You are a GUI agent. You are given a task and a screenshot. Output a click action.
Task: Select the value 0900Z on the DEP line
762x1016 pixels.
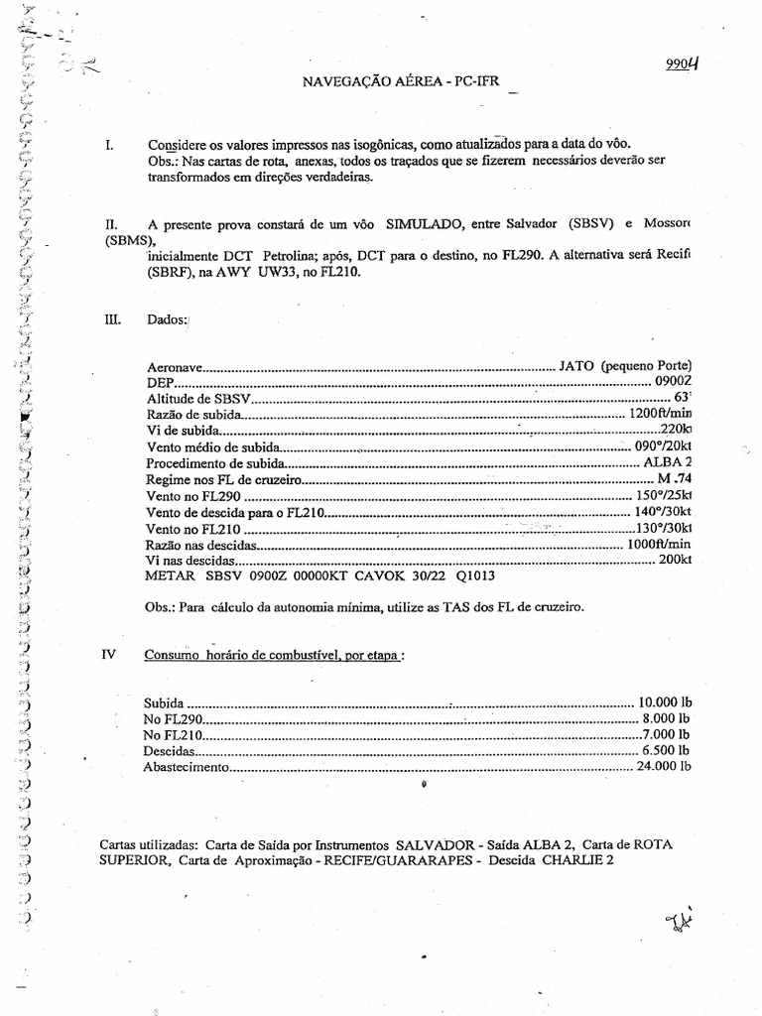pos(669,382)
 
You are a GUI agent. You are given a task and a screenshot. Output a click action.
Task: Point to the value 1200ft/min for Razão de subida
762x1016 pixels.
pos(661,414)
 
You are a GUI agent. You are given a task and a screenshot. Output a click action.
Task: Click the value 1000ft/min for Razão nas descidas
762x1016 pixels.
pos(659,545)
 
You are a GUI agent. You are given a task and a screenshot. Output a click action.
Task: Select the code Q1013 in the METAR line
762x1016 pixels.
pos(476,576)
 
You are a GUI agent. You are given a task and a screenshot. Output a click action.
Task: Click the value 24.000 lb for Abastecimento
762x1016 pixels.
pos(663,767)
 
